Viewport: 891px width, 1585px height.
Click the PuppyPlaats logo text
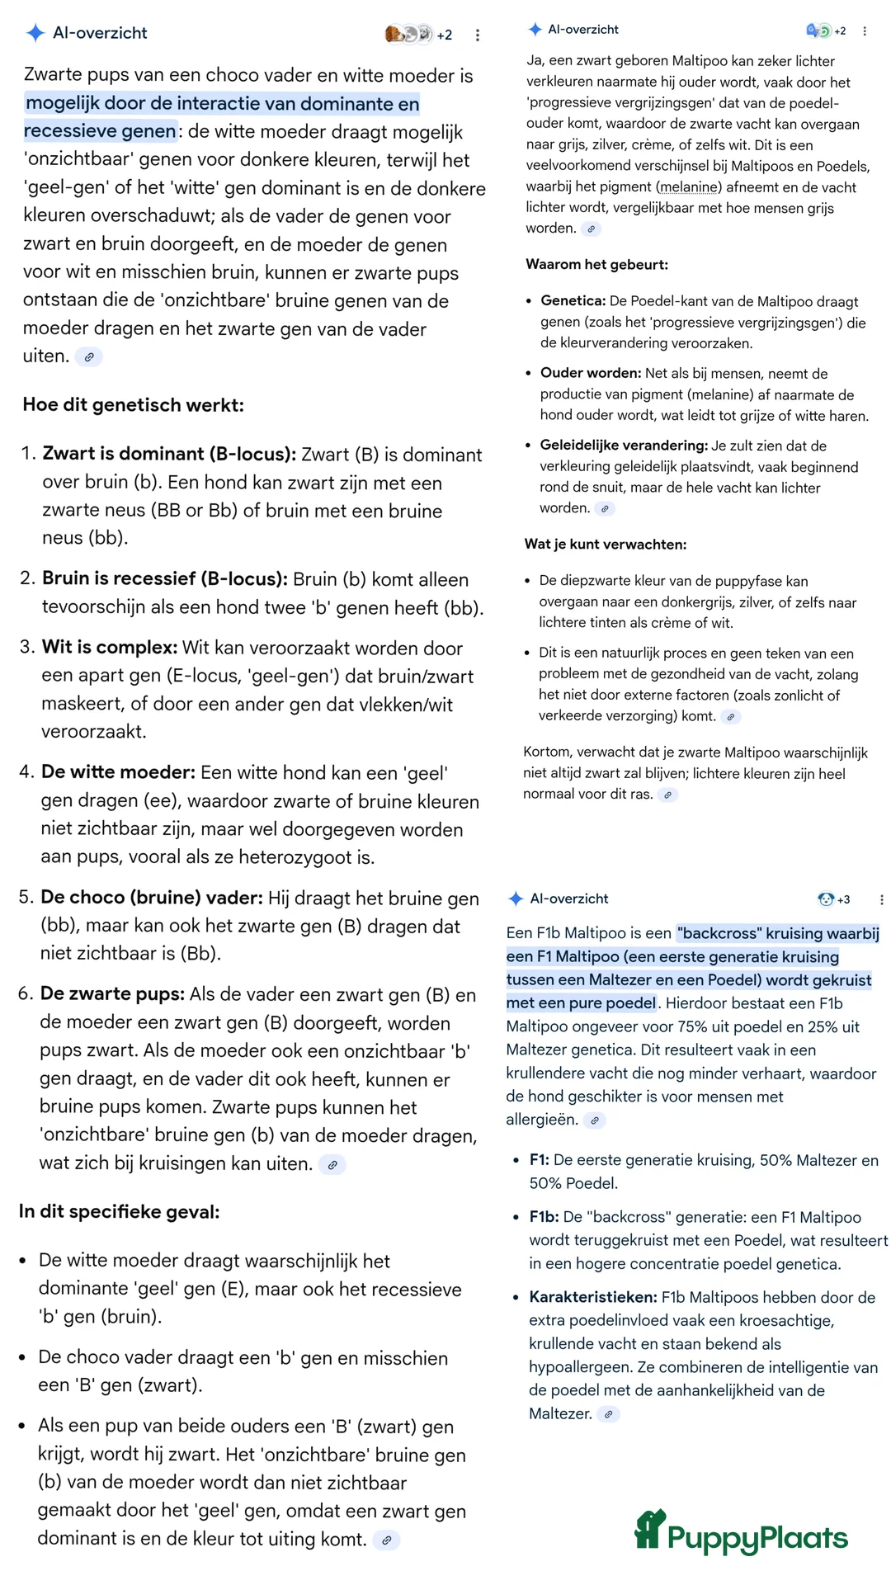point(757,1538)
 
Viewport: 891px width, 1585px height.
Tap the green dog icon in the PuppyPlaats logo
point(649,1530)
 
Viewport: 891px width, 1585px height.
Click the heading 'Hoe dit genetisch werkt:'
point(134,405)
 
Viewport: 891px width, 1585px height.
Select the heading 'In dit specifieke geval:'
point(120,1211)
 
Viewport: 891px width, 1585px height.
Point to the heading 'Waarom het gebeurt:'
point(596,265)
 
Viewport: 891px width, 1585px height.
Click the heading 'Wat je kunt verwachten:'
point(606,545)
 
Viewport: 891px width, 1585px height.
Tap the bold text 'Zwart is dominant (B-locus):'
point(169,454)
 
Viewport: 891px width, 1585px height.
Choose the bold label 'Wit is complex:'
point(110,648)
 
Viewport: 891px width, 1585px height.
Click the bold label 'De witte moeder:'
point(118,772)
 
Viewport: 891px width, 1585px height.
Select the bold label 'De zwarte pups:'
point(112,994)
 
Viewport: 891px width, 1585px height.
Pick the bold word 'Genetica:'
point(573,301)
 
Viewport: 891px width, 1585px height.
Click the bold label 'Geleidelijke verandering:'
point(624,446)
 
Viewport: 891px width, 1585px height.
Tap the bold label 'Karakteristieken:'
point(593,1297)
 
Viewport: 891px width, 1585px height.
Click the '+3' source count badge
point(843,899)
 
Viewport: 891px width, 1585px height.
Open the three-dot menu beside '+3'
point(881,899)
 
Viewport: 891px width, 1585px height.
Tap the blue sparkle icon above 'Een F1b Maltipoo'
point(516,899)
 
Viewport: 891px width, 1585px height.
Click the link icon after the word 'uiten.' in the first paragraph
point(89,357)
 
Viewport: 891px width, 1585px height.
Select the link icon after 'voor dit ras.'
point(668,795)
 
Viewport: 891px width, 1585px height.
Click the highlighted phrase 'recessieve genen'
point(100,131)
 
